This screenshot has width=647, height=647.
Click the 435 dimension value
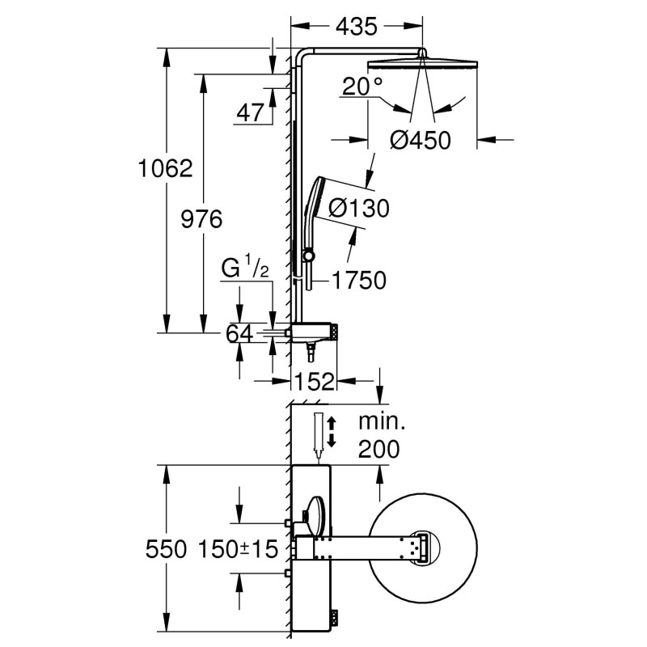[x=355, y=27]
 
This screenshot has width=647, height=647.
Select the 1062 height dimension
[x=165, y=168]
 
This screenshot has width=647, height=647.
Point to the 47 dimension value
[x=250, y=112]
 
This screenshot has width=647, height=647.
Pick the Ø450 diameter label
[x=420, y=140]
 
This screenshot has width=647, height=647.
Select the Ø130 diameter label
[x=361, y=208]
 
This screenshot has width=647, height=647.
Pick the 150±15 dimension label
[x=237, y=549]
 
